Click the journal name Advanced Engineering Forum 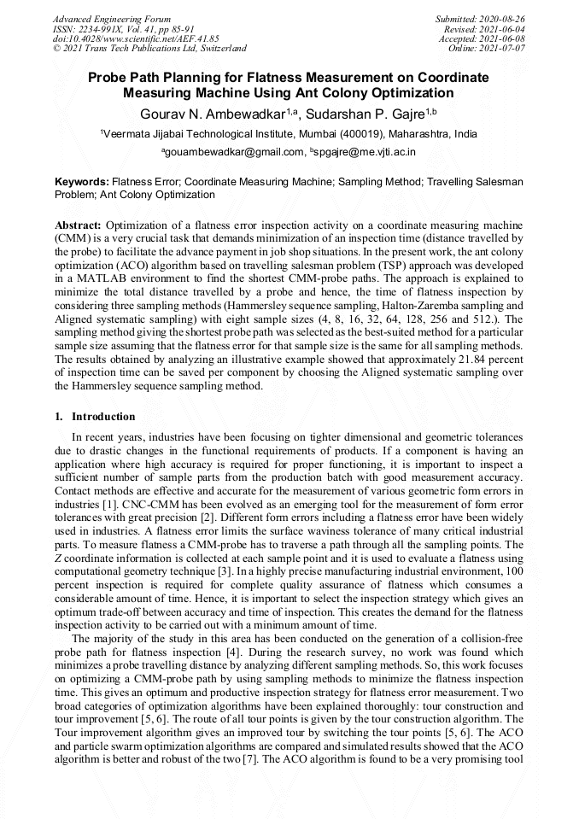tap(112, 19)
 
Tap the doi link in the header tap(136, 38)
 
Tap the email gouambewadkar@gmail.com tap(233, 152)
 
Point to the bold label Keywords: tap(82, 182)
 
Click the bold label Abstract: tap(78, 224)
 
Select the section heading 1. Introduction tap(95, 417)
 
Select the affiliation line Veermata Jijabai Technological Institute tap(289, 134)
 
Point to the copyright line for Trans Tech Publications tap(149, 49)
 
